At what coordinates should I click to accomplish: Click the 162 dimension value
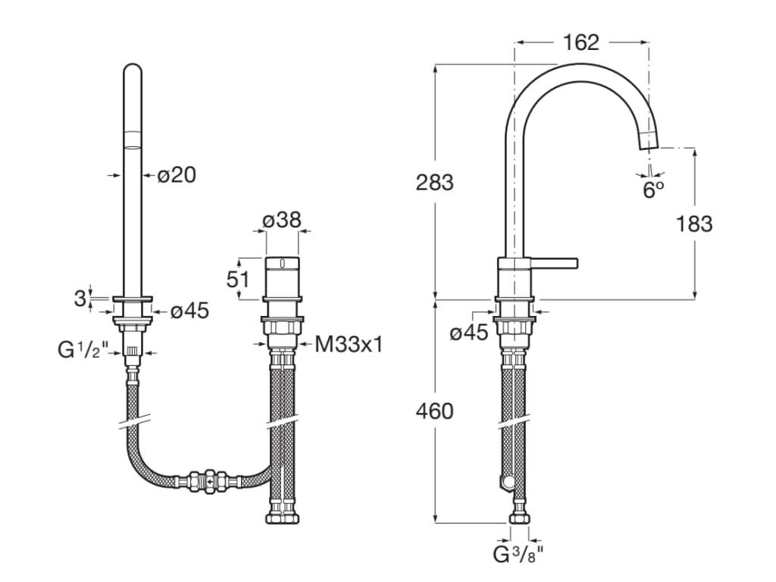pyautogui.click(x=582, y=42)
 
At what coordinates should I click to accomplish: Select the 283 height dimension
pyautogui.click(x=434, y=183)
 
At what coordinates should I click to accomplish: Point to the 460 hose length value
pyautogui.click(x=434, y=411)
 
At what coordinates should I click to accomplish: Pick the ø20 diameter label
pyautogui.click(x=177, y=175)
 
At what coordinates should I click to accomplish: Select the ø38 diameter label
pyautogui.click(x=282, y=221)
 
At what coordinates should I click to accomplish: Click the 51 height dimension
pyautogui.click(x=239, y=279)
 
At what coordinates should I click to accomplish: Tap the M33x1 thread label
pyautogui.click(x=349, y=345)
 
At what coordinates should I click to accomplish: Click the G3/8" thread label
pyautogui.click(x=520, y=554)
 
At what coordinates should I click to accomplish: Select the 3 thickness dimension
pyautogui.click(x=80, y=298)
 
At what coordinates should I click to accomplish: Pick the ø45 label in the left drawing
pyautogui.click(x=189, y=311)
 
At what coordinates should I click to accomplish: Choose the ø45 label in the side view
pyautogui.click(x=468, y=332)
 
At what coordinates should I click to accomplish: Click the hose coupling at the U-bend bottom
pyautogui.click(x=207, y=480)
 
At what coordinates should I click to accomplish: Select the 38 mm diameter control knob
pyautogui.click(x=282, y=278)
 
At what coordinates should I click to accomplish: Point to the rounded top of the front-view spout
pyautogui.click(x=133, y=72)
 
